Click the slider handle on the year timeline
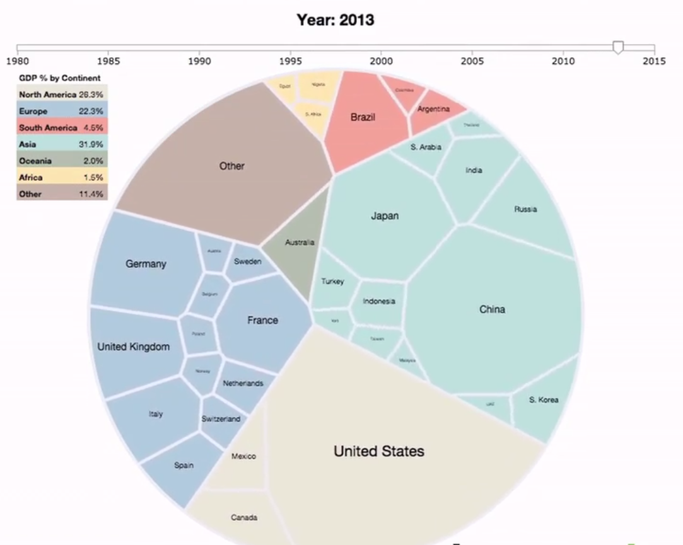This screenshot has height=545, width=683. (x=618, y=47)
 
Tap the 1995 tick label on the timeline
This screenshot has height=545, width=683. (x=290, y=61)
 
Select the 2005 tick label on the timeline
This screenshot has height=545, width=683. (x=472, y=61)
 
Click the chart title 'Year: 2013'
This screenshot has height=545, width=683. (x=336, y=20)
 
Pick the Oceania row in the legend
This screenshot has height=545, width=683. (x=62, y=161)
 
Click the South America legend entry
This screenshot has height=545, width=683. (x=62, y=128)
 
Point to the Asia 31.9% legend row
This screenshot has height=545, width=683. (x=62, y=144)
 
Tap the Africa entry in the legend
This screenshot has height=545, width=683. (x=62, y=178)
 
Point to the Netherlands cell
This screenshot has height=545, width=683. (x=242, y=383)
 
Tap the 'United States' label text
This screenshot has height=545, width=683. (x=378, y=451)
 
